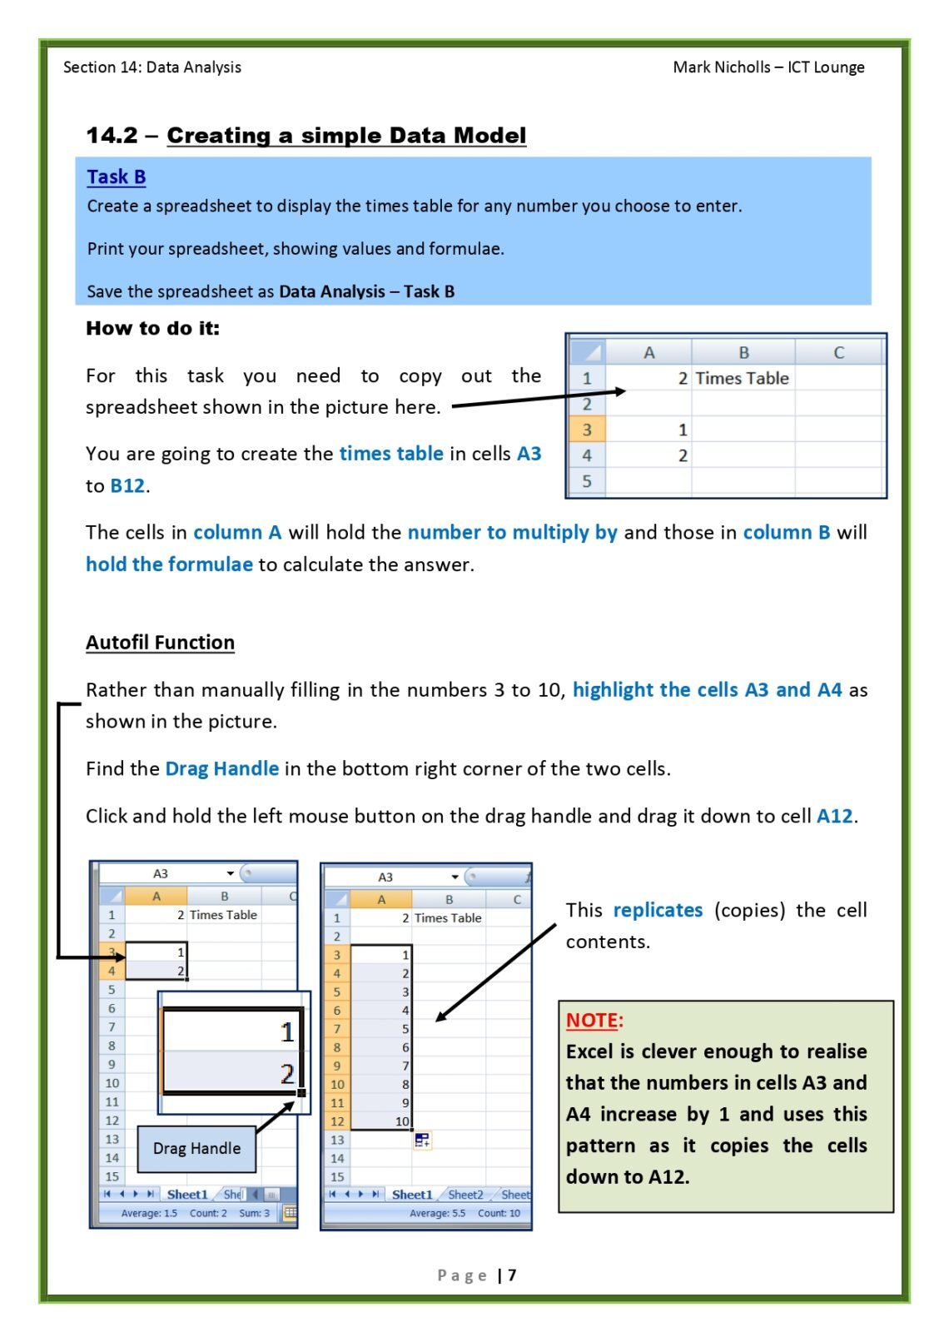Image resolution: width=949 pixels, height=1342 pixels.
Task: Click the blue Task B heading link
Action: tap(117, 176)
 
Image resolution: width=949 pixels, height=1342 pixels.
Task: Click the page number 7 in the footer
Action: tap(512, 1275)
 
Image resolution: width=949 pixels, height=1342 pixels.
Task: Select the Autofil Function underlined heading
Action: tap(160, 642)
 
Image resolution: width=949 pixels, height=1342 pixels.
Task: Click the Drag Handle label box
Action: tap(196, 1148)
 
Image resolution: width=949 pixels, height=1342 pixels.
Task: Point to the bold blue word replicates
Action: tap(658, 910)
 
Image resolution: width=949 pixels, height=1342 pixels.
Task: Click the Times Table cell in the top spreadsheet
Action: tap(742, 378)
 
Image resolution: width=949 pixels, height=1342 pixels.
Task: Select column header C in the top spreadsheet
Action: tap(838, 352)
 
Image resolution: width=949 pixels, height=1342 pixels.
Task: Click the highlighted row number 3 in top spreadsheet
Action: tap(587, 430)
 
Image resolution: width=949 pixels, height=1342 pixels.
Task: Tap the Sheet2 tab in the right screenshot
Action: tap(465, 1195)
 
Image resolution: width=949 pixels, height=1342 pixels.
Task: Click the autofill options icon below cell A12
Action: tap(422, 1141)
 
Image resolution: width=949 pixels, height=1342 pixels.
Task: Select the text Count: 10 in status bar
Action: tap(499, 1213)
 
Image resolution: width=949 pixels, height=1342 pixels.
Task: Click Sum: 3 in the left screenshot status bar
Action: tap(254, 1213)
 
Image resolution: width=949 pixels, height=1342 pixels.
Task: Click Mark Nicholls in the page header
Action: tap(721, 67)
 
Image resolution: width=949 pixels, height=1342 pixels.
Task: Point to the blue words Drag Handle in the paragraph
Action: tap(221, 768)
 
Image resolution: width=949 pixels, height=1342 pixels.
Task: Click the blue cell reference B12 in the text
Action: tap(127, 485)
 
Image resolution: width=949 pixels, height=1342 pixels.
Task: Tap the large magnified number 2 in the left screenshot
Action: tap(286, 1073)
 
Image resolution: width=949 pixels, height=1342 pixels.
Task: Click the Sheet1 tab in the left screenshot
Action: tap(187, 1194)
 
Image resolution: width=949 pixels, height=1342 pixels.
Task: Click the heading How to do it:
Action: tap(153, 328)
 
